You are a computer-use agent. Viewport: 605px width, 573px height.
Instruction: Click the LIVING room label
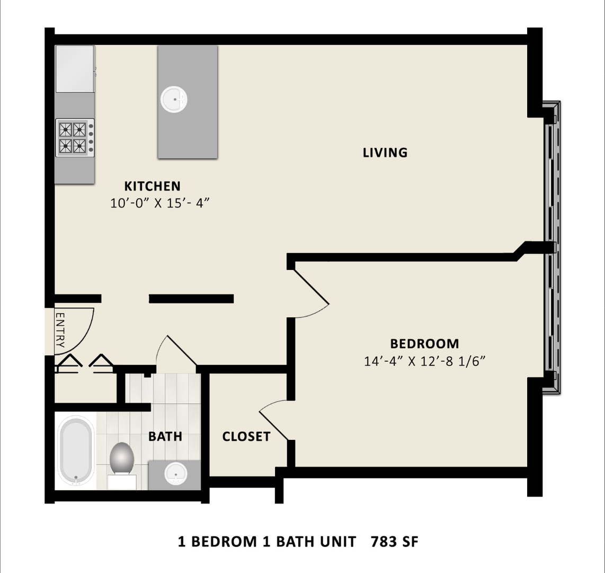pos(385,153)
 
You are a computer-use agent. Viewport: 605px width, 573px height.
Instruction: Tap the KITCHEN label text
pos(152,186)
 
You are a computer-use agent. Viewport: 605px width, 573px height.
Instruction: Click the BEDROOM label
pos(424,344)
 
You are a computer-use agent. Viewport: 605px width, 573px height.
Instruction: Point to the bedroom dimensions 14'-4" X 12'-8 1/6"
pos(425,361)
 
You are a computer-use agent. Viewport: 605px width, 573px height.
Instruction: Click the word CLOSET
pos(246,437)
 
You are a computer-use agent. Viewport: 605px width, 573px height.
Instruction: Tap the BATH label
pos(165,437)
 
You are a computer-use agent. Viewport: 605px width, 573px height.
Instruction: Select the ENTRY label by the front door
pos(60,330)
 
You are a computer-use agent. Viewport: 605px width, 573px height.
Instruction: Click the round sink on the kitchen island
pos(174,99)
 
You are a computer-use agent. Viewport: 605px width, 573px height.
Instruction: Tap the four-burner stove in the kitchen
pos(75,137)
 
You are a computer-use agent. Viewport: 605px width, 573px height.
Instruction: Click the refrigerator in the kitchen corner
pos(75,69)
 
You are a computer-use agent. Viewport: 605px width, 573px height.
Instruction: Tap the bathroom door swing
pos(176,353)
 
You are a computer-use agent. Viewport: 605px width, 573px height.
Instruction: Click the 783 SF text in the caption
pos(395,542)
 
